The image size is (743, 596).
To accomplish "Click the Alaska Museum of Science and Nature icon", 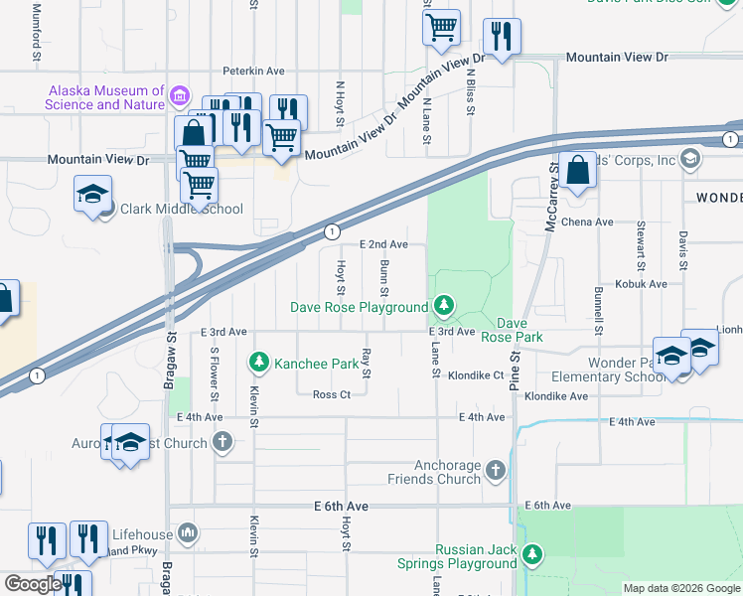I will pyautogui.click(x=180, y=96).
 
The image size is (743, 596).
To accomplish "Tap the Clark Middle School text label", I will pyautogui.click(x=181, y=209).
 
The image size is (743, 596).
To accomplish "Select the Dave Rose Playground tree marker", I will pyautogui.click(x=446, y=306).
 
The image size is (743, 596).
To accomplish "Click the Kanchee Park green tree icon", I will pyautogui.click(x=259, y=363).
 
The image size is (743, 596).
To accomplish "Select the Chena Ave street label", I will pyautogui.click(x=587, y=223).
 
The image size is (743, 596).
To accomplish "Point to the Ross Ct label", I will pyautogui.click(x=332, y=394).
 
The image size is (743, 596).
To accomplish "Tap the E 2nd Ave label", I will pyautogui.click(x=383, y=243).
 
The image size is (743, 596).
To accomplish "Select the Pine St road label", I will pyautogui.click(x=516, y=367).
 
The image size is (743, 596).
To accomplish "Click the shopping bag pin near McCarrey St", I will pyautogui.click(x=577, y=170).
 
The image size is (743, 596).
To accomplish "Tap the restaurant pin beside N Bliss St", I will pyautogui.click(x=500, y=38).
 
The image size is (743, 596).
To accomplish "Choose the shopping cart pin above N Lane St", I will pyautogui.click(x=441, y=28).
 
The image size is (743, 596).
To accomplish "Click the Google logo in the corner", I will pyautogui.click(x=33, y=584).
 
